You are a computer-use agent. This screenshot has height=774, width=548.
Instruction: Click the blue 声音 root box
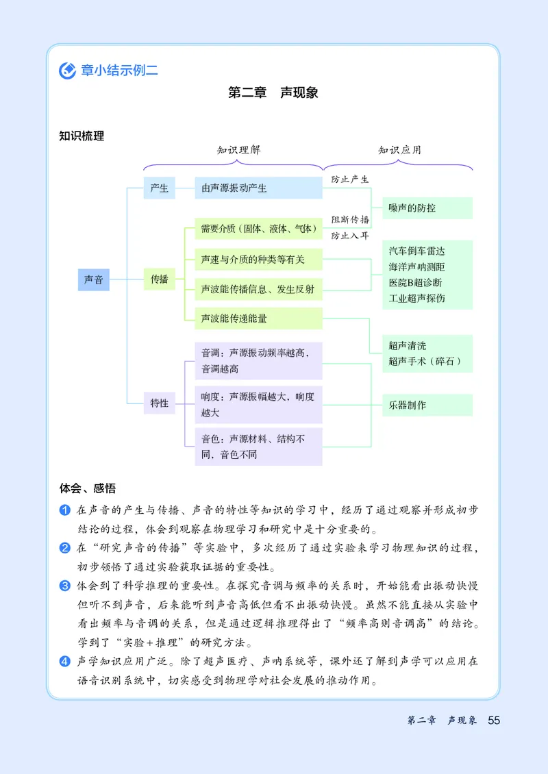93,279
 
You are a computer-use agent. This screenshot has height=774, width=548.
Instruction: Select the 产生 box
159,188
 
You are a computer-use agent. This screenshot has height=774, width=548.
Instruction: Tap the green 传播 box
159,279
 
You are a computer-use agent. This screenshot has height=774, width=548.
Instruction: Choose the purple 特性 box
159,403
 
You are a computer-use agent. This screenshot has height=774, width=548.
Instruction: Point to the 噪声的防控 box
427,208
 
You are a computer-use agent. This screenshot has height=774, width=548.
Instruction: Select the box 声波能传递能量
258,319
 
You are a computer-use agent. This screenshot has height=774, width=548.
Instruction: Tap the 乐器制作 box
427,405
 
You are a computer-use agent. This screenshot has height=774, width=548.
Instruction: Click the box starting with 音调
258,361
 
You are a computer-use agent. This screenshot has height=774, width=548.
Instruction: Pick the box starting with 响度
258,405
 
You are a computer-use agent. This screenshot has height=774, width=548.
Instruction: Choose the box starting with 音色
258,447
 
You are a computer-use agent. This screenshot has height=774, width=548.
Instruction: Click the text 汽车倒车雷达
416,252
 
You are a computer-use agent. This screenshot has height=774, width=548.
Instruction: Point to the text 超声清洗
407,346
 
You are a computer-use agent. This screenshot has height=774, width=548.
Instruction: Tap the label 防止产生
350,179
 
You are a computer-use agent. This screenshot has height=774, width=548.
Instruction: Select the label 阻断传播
350,220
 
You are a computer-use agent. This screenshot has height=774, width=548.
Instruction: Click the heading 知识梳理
82,136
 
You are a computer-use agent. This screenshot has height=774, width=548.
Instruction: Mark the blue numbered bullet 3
65,586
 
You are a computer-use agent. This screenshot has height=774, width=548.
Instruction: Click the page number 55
494,721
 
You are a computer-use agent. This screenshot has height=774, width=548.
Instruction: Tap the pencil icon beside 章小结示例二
67,70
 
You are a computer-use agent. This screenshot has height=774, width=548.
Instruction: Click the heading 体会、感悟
87,488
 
